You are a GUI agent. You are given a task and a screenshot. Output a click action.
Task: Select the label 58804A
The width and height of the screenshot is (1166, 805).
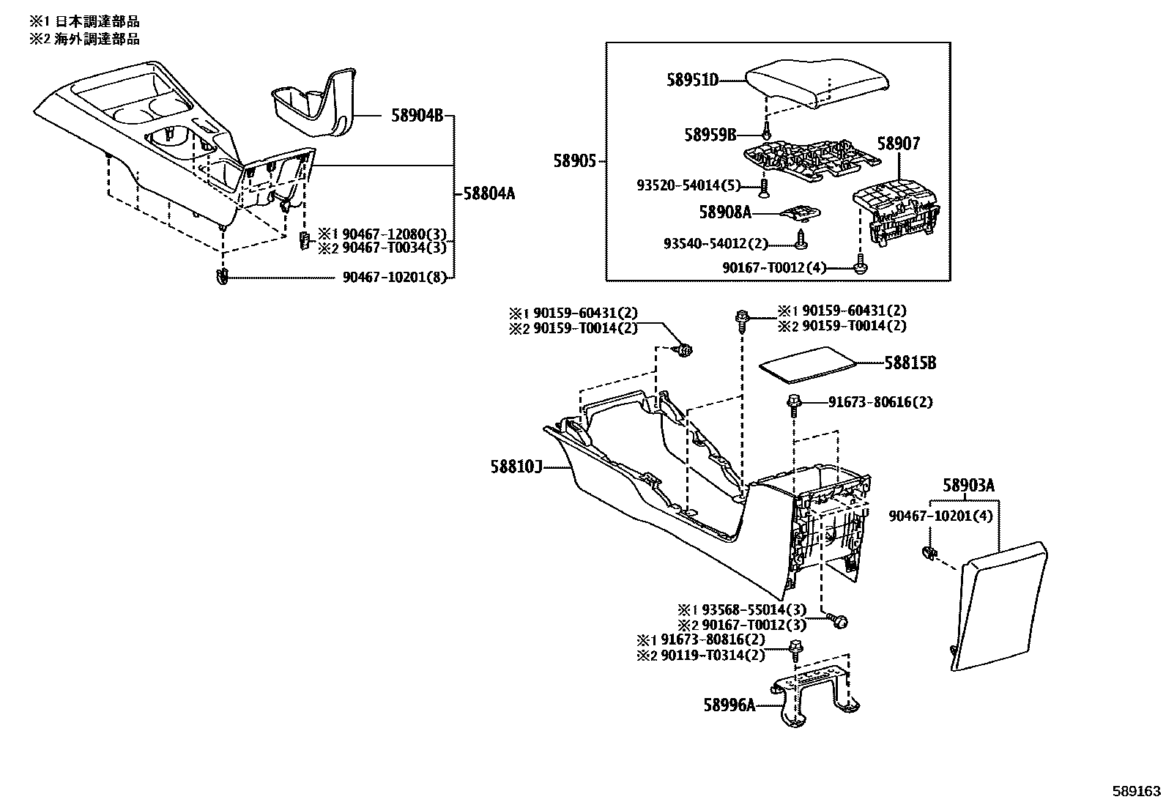point(489,193)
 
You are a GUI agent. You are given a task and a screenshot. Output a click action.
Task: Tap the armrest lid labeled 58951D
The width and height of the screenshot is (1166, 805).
point(819,85)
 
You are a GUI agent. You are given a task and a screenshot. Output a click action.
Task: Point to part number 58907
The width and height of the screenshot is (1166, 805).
point(898,144)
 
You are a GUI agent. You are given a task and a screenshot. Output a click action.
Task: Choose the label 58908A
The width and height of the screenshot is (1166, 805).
point(725,212)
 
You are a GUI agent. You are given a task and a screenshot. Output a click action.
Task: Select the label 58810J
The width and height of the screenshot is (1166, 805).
point(516,467)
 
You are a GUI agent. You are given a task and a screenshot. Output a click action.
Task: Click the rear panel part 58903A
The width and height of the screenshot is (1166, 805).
point(1002,604)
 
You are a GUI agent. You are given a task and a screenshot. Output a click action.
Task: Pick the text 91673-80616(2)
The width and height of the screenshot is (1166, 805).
point(880,402)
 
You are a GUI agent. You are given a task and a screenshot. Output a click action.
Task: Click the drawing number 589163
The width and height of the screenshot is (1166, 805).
point(1136,791)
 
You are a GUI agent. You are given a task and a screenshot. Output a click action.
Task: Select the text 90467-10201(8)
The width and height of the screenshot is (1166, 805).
point(395,278)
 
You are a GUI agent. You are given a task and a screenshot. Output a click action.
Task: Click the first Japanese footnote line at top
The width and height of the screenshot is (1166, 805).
point(84,21)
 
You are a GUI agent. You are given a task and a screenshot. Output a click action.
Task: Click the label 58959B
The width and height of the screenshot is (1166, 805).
point(710,135)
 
